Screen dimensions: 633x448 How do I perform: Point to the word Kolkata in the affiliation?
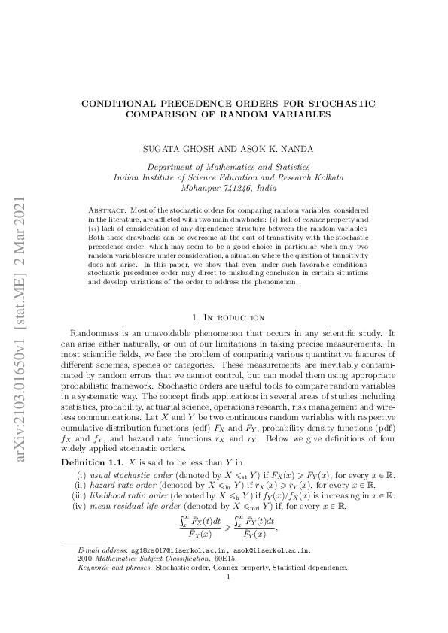[328, 178]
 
